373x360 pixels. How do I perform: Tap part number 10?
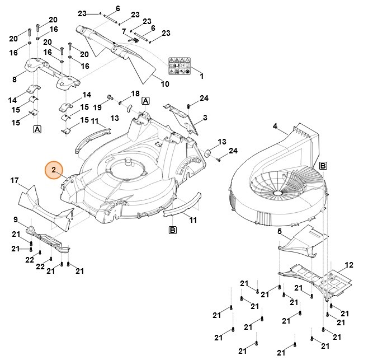coord(165,85)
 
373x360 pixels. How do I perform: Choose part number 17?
coord(15,180)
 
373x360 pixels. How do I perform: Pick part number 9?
coord(15,219)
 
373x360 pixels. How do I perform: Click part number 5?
coord(280,231)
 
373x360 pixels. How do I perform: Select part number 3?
coord(205,118)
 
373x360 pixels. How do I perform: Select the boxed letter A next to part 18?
coord(145,101)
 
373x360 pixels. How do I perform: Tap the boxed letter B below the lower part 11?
coord(173,230)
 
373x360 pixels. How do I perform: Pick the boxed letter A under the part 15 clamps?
coord(37,129)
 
